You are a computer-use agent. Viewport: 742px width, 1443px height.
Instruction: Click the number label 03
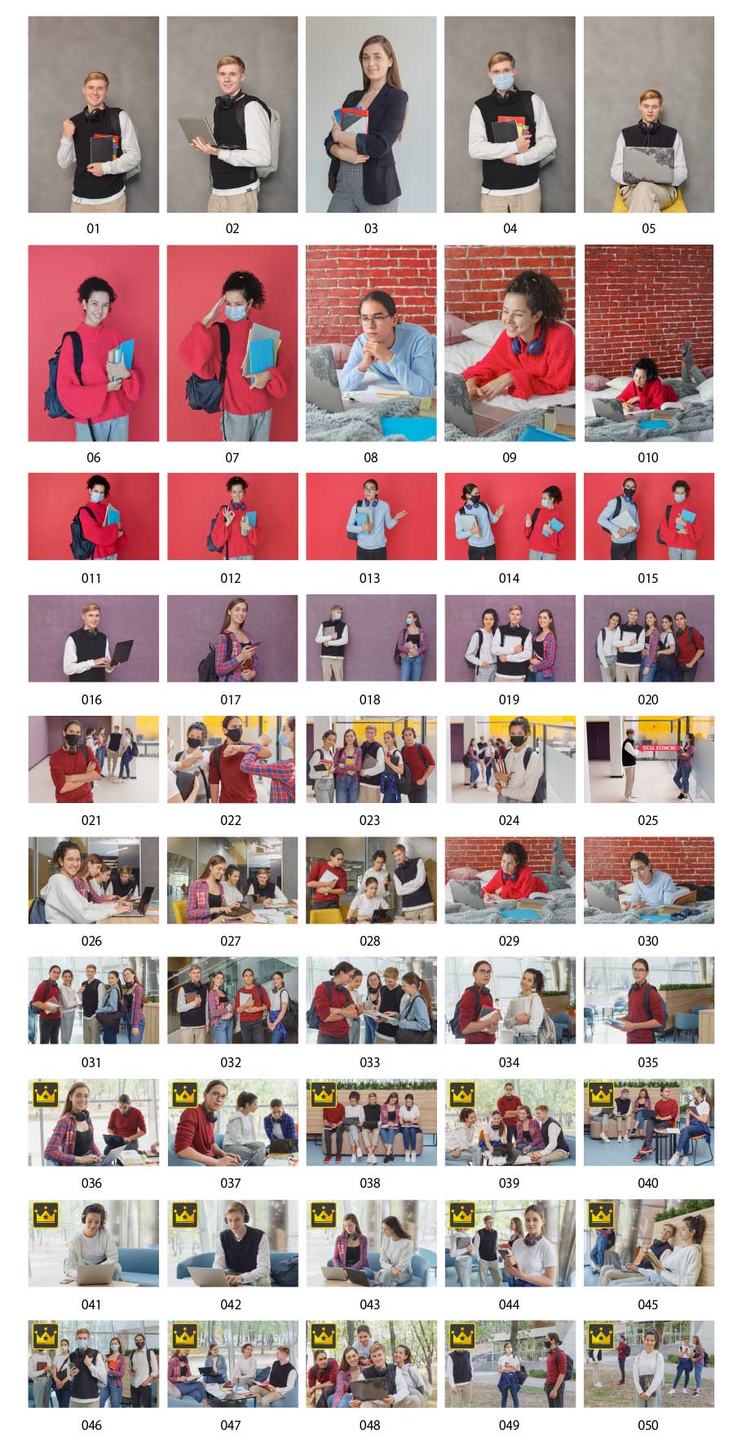[x=371, y=228]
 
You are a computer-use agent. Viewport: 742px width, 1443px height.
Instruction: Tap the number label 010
[x=648, y=457]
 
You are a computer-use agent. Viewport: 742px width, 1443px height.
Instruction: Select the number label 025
[x=648, y=820]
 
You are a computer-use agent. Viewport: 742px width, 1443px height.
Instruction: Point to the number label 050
[x=648, y=1425]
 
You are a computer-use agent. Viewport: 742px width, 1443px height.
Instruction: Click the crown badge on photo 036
[x=46, y=1092]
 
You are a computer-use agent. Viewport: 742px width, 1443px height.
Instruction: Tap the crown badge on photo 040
[x=601, y=1092]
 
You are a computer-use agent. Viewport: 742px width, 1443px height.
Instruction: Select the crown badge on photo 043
[x=324, y=1214]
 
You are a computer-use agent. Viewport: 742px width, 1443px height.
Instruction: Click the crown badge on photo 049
[x=462, y=1335]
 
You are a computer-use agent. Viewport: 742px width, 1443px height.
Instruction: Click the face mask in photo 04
[x=503, y=81]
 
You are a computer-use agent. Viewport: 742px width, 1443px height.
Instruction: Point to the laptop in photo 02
[x=197, y=132]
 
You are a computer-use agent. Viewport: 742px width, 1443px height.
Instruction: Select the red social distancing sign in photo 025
[x=659, y=747]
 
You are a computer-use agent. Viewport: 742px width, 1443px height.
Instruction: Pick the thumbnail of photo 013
[x=371, y=516]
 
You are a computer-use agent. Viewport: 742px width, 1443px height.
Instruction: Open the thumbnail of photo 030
[x=649, y=880]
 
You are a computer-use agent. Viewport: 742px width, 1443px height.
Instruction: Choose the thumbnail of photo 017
[x=232, y=638]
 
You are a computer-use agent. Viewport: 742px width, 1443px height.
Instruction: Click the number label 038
[x=370, y=1183]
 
